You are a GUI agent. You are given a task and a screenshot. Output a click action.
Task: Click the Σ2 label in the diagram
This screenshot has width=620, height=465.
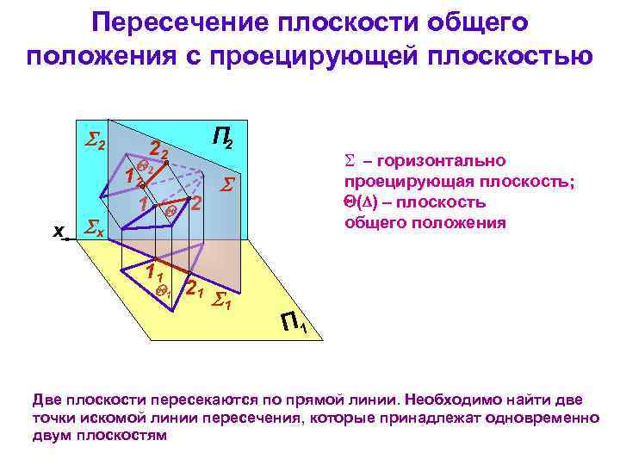tap(94, 142)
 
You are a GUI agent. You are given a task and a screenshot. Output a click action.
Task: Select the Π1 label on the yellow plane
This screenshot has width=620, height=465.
tap(296, 325)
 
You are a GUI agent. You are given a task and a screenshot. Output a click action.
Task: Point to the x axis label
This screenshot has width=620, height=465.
tap(58, 231)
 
